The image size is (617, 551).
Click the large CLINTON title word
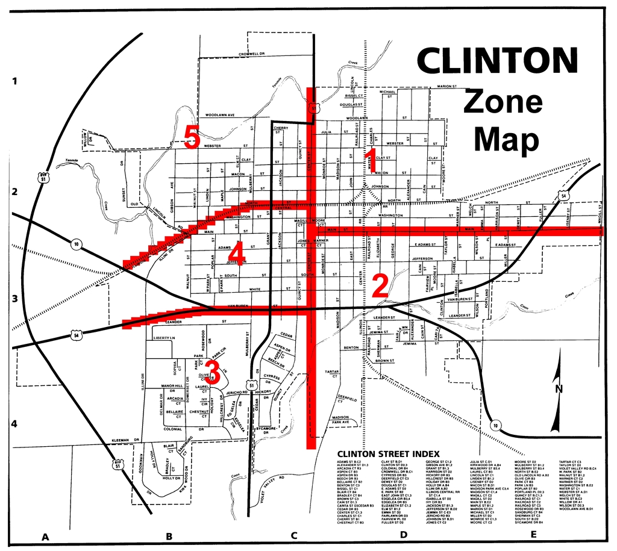pos(497,60)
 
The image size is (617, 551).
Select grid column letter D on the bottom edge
pos(403,534)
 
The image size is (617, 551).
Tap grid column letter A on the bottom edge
pos(44,536)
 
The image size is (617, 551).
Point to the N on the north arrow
pos(559,389)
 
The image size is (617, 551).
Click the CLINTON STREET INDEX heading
pos(388,453)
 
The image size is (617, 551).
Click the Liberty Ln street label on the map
pos(164,338)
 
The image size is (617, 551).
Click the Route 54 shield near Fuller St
pos(562,196)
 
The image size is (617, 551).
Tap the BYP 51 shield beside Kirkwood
pos(118,464)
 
